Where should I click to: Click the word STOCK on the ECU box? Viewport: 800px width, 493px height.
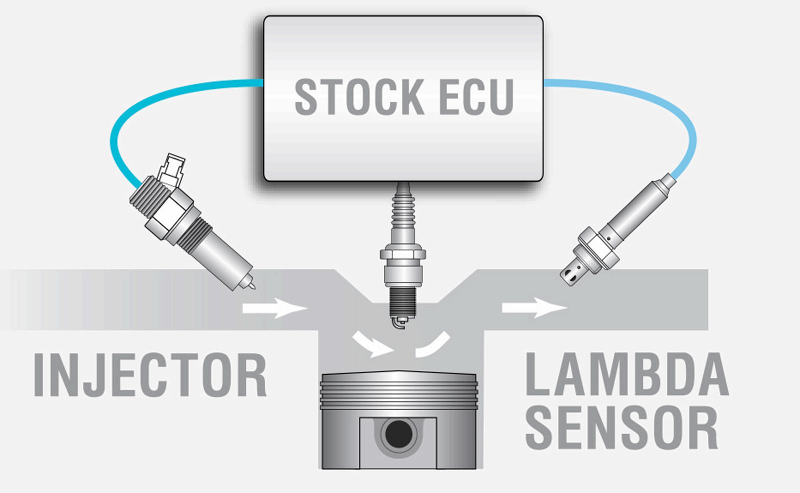pos(359,97)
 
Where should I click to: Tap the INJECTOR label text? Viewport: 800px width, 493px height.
pos(150,375)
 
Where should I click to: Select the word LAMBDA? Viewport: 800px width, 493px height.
pos(626,374)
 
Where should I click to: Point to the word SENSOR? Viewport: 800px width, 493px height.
pos(621,428)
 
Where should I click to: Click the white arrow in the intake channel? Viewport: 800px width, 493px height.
pos(274,307)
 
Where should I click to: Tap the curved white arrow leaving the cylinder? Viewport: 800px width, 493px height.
pos(433,345)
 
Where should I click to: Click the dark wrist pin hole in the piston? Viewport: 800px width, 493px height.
pos(398,433)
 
